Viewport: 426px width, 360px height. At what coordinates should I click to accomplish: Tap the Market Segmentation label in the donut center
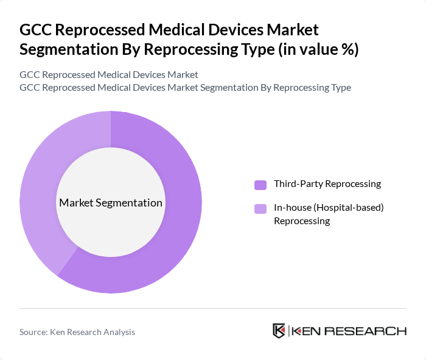pos(111,203)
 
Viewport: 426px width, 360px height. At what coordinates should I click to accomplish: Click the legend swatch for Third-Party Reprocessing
pos(260,185)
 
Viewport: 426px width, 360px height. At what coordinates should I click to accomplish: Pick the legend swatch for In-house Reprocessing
pos(260,209)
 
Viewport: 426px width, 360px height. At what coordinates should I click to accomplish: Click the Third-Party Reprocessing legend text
pos(327,184)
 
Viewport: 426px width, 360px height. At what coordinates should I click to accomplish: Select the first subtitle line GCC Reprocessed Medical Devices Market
pos(109,75)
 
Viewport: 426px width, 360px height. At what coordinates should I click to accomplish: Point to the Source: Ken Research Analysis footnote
pos(77,332)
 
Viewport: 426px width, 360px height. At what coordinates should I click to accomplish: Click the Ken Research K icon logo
pos(279,331)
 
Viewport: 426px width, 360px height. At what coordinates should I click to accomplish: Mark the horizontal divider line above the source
pos(213,308)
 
